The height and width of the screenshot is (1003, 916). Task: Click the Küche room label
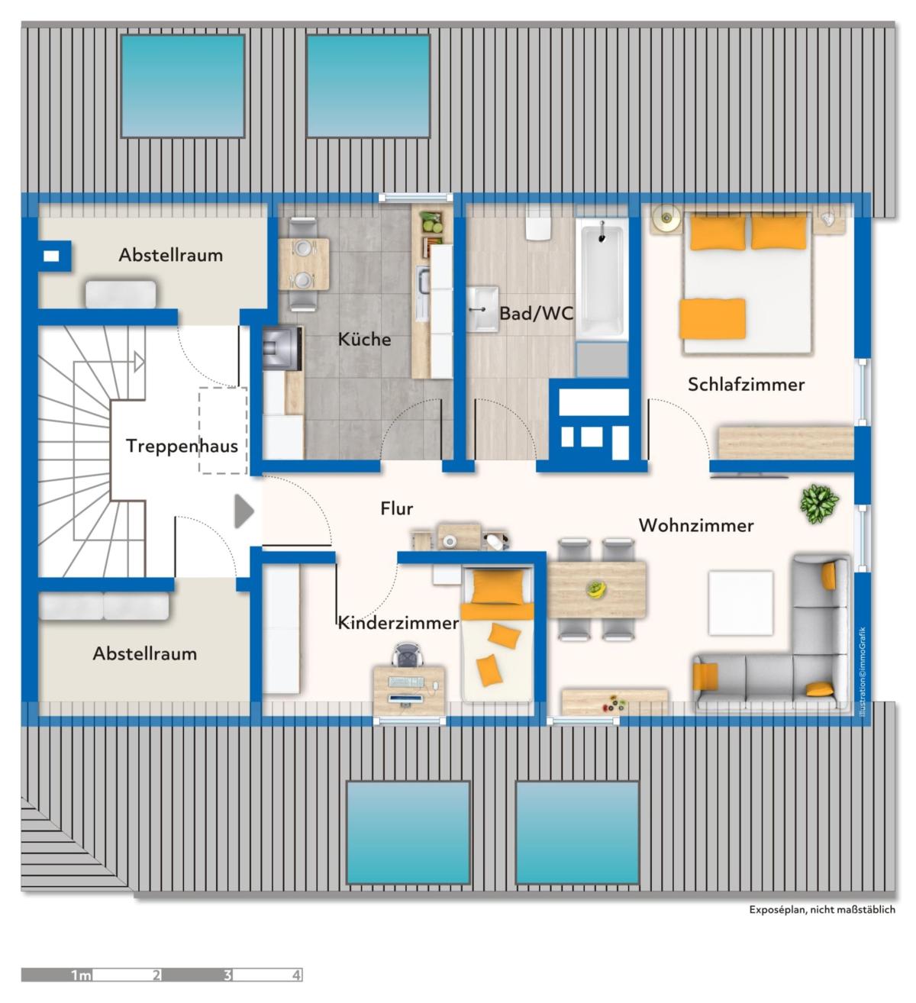click(x=364, y=340)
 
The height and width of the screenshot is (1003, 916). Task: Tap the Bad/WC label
click(x=536, y=314)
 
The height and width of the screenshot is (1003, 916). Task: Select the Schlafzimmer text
click(x=746, y=385)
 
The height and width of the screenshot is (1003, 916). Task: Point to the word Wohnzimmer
click(x=696, y=525)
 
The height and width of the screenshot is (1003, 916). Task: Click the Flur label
click(x=396, y=508)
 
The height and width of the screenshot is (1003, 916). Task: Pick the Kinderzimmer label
click(x=398, y=623)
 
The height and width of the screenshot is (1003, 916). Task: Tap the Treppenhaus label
click(x=182, y=446)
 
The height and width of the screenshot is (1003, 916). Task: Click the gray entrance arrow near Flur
click(x=244, y=511)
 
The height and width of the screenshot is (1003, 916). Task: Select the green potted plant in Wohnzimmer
click(x=819, y=504)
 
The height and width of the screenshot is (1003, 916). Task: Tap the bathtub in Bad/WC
click(x=602, y=278)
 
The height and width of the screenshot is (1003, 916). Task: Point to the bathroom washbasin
click(x=482, y=309)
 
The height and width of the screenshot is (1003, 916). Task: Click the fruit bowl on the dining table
click(x=595, y=589)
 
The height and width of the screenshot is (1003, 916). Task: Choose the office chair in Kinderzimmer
click(x=408, y=655)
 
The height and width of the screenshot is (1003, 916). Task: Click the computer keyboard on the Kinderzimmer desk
click(x=405, y=682)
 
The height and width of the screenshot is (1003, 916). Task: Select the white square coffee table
click(x=740, y=603)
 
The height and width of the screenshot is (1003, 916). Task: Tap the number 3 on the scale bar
click(x=227, y=975)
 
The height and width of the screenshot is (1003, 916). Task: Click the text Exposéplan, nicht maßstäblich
click(x=821, y=910)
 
